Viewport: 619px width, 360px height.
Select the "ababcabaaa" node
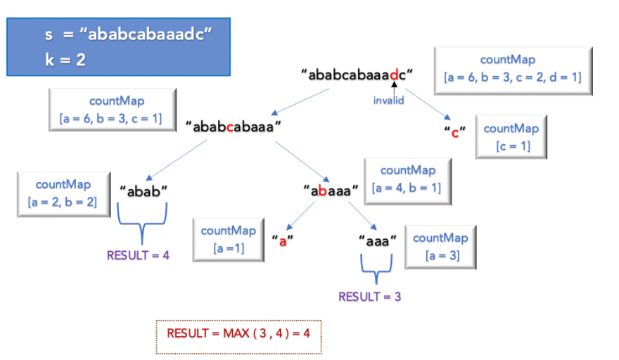(x=234, y=127)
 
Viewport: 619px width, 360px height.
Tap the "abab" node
(x=143, y=190)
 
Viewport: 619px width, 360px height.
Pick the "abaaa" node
(x=331, y=190)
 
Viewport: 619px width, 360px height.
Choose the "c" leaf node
(x=454, y=133)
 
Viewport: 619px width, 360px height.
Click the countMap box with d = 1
(x=512, y=70)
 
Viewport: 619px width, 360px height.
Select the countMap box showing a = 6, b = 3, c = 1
(x=112, y=110)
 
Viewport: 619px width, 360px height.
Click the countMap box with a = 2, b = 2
(x=63, y=193)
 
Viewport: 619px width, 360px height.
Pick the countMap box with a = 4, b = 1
(x=407, y=179)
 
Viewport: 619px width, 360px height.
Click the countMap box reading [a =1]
(x=227, y=239)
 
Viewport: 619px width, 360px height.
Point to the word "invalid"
(x=388, y=101)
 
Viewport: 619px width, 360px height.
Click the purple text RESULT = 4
(x=138, y=255)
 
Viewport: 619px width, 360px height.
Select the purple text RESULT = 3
(x=369, y=297)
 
